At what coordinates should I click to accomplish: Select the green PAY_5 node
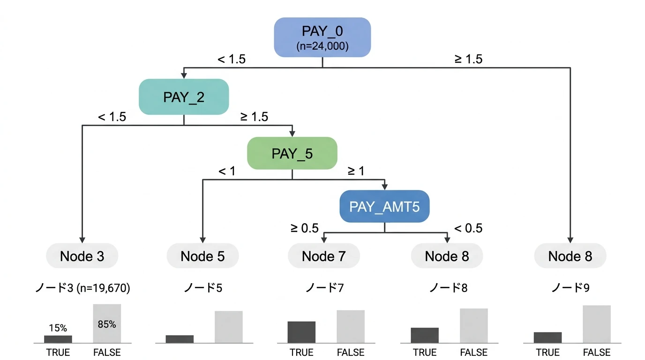(x=292, y=153)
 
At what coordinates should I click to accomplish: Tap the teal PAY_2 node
(x=183, y=97)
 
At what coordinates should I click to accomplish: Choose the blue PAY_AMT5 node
(x=384, y=206)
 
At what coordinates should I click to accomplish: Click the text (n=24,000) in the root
(x=322, y=46)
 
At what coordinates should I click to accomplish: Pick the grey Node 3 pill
(x=82, y=256)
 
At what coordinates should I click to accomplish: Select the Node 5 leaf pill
(x=202, y=256)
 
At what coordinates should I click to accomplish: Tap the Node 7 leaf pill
(x=324, y=256)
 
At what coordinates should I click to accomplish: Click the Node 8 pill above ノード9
(x=570, y=256)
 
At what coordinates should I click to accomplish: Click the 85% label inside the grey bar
(x=107, y=324)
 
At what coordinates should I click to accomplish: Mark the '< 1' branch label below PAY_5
(x=227, y=172)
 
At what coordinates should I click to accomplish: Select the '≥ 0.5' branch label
(x=304, y=228)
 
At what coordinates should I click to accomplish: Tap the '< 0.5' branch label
(x=468, y=228)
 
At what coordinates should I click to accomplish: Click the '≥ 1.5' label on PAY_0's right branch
(x=468, y=59)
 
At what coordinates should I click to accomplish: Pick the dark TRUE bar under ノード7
(x=301, y=332)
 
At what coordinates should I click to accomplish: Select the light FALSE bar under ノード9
(x=597, y=324)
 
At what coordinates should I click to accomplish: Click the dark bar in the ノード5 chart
(x=180, y=339)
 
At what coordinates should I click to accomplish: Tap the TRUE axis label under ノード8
(x=425, y=352)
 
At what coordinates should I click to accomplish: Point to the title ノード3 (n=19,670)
(x=82, y=288)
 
